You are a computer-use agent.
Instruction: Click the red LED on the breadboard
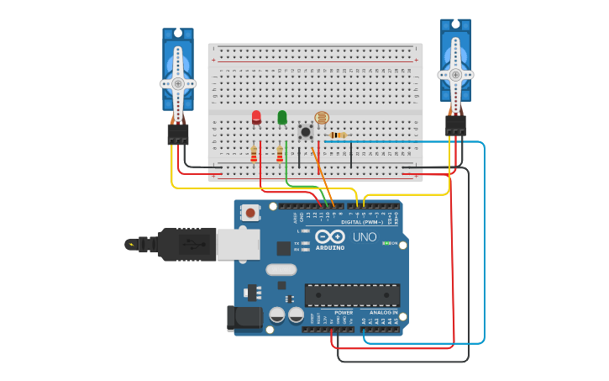[256, 117]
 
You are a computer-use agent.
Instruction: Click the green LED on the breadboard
[282, 117]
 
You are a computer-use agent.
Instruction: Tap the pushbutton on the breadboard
[306, 131]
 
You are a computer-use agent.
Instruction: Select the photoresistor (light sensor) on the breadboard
[322, 119]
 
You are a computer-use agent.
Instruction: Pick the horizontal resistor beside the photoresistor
[338, 135]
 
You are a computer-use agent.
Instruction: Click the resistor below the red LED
[254, 154]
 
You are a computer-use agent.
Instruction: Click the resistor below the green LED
[280, 154]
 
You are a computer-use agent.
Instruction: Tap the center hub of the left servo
[178, 83]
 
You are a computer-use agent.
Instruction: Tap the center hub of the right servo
[455, 74]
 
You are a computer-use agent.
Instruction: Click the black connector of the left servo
[178, 134]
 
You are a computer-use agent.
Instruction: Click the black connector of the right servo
[455, 125]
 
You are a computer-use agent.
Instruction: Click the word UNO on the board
[365, 237]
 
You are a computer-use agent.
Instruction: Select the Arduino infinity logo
[330, 237]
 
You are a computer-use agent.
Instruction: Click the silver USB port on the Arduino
[238, 244]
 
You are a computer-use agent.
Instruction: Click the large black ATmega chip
[352, 295]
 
